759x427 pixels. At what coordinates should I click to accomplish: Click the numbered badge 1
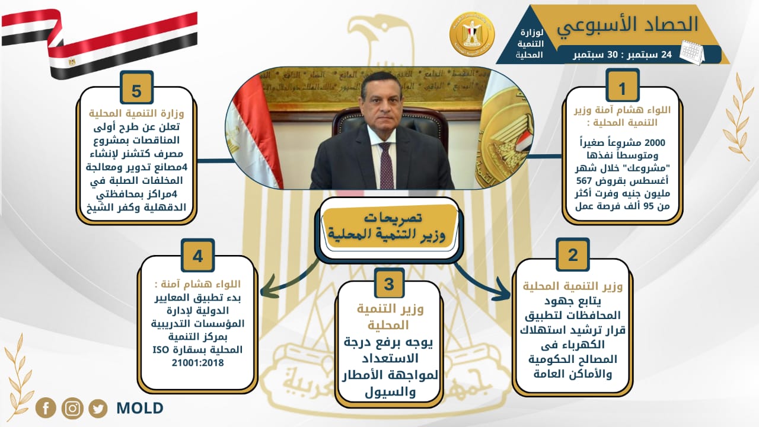[x=622, y=85]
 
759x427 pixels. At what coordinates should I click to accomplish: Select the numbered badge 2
[x=573, y=255]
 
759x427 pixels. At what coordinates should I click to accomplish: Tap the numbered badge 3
[x=390, y=283]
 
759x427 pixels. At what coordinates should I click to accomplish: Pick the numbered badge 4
[x=198, y=256]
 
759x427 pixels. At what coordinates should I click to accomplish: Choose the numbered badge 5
[x=136, y=87]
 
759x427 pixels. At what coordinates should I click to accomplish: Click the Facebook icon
[x=46, y=408]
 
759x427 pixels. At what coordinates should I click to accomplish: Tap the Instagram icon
[x=72, y=409]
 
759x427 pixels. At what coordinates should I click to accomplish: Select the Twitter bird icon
[x=98, y=409]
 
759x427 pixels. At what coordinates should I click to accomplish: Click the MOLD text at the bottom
[x=139, y=409]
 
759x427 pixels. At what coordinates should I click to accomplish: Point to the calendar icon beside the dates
[x=692, y=53]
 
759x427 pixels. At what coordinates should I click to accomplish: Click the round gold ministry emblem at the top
[x=471, y=34]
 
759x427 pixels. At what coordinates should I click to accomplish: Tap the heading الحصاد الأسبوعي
[x=627, y=25]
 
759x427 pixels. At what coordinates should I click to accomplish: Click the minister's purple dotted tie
[x=386, y=165]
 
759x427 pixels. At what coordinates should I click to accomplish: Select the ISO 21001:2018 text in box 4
[x=198, y=356]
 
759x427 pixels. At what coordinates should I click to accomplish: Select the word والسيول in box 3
[x=390, y=392]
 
